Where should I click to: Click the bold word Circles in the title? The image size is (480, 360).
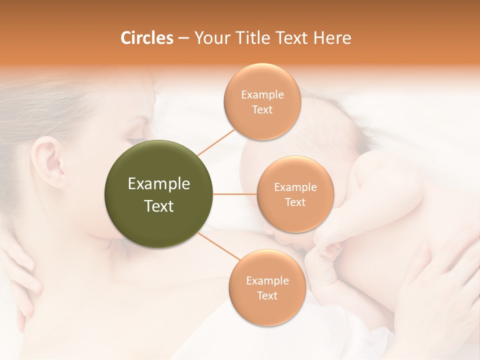[x=146, y=38]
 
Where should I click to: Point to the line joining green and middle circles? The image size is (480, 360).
[x=235, y=194]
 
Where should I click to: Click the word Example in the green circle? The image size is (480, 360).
[x=159, y=184]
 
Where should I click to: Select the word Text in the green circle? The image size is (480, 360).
[x=159, y=206]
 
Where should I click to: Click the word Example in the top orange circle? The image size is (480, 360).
[x=262, y=94]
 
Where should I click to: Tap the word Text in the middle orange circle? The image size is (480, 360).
[x=295, y=202]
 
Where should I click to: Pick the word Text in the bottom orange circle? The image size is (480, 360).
[x=267, y=296]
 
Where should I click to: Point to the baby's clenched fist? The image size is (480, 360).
[x=325, y=250]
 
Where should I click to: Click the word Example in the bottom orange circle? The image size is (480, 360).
[x=267, y=281]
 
